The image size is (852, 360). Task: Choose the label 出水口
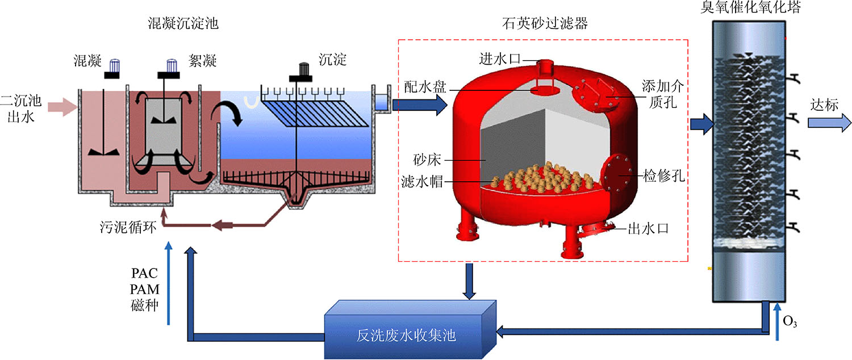(648, 229)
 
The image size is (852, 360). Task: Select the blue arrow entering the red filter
(420, 104)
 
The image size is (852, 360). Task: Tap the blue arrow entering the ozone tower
(701, 124)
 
